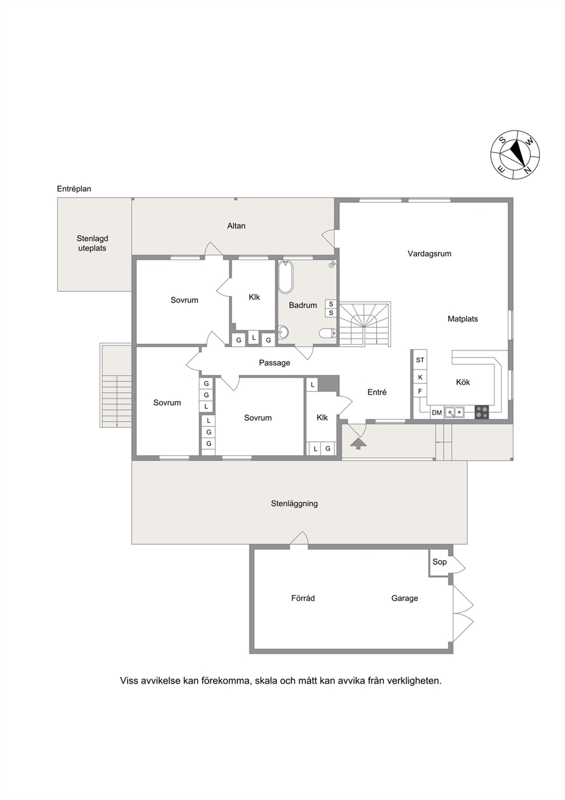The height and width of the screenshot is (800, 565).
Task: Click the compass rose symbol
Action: click(x=515, y=155)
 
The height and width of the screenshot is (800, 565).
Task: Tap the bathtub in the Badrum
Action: click(x=286, y=277)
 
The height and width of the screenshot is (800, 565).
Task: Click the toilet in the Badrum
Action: click(x=327, y=333)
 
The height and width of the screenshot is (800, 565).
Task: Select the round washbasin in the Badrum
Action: click(x=283, y=332)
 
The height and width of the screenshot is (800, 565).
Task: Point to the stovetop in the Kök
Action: click(x=481, y=412)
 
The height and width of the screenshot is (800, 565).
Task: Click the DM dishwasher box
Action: click(x=437, y=412)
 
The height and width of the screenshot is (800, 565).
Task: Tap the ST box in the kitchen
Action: click(x=420, y=360)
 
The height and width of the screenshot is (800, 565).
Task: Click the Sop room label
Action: click(x=440, y=562)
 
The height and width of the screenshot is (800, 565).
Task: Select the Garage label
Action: click(x=404, y=598)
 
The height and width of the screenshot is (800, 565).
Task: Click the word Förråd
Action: click(x=303, y=598)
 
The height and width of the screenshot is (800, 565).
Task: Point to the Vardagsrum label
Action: click(x=429, y=254)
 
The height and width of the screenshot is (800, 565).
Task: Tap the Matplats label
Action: click(x=462, y=319)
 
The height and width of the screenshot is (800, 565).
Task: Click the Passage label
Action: click(x=275, y=363)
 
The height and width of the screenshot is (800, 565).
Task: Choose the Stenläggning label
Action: click(x=294, y=503)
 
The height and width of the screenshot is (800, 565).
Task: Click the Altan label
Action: click(x=236, y=226)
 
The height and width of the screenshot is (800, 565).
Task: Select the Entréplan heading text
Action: click(x=74, y=189)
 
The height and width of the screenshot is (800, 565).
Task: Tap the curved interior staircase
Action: click(x=365, y=324)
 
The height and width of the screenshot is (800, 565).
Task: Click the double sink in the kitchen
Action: click(x=455, y=412)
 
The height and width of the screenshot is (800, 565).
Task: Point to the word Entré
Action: click(x=377, y=392)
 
